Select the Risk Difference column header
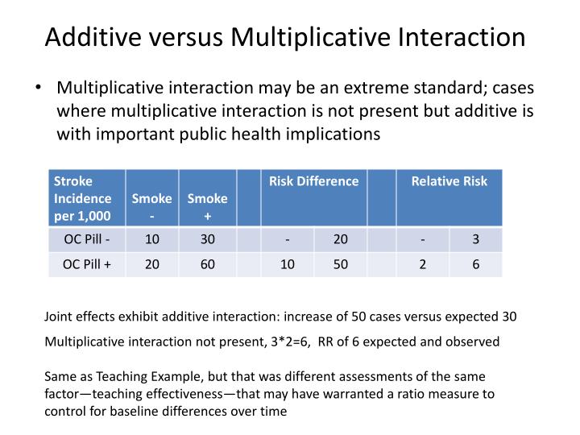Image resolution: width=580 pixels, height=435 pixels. (314, 181)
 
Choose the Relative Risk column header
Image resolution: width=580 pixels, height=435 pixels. (449, 181)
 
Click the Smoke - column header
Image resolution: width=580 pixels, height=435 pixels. (151, 205)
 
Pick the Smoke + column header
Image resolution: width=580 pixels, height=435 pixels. (208, 205)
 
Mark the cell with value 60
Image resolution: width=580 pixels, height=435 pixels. (208, 264)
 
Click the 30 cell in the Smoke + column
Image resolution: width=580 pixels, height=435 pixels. (208, 240)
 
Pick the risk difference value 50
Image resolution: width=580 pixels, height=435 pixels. (341, 264)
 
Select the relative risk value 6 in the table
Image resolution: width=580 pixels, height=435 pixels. (476, 264)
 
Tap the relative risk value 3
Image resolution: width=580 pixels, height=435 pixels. (476, 240)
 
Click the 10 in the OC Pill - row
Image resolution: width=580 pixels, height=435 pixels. (151, 240)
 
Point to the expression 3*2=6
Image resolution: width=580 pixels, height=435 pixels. (292, 342)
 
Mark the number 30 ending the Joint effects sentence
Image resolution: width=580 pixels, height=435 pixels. (508, 317)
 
